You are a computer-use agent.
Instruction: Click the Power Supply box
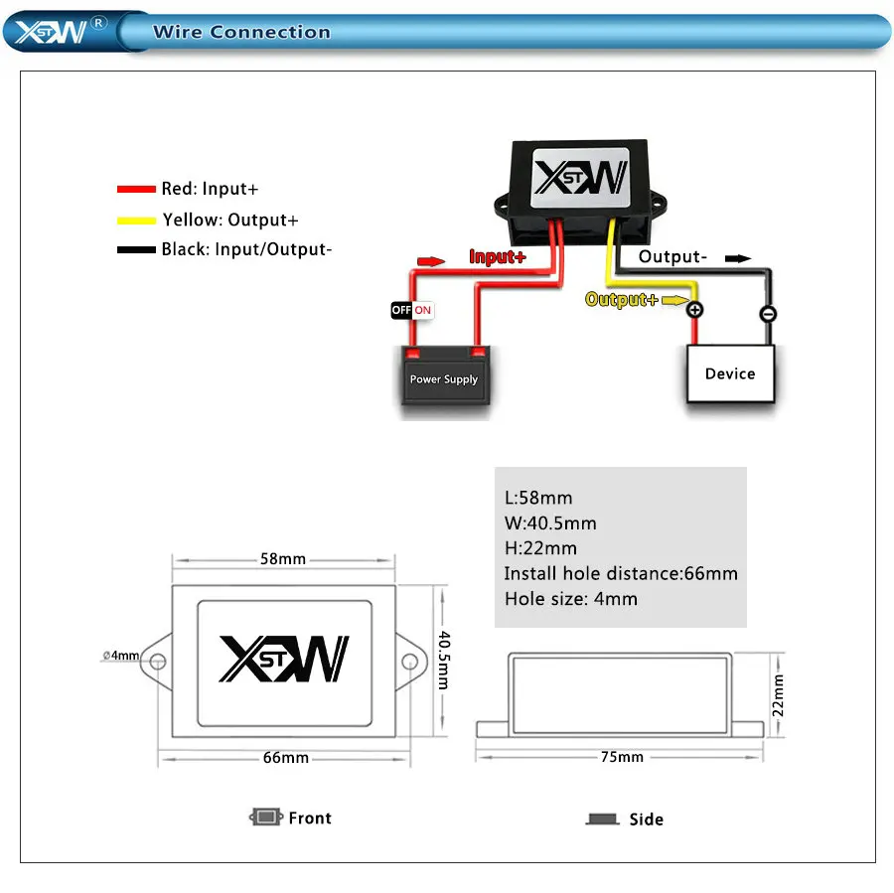pos(444,377)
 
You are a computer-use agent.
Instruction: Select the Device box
pos(730,373)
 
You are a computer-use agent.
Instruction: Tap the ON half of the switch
pos(423,310)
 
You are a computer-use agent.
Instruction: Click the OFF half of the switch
pos(401,310)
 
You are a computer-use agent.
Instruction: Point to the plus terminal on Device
pos(695,310)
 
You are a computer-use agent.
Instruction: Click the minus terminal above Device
pos(768,314)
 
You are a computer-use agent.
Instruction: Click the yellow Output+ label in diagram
pos(622,299)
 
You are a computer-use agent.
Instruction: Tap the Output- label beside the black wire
pos(672,257)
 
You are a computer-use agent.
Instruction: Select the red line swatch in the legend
pos(137,189)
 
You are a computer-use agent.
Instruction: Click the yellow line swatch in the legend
pos(137,220)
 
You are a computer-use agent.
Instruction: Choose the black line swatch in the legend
pos(137,249)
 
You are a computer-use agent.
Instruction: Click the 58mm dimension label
pos(283,558)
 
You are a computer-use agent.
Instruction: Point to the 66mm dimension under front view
pos(285,758)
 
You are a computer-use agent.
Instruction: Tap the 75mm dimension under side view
pos(623,757)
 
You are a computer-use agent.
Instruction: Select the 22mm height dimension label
pos(778,694)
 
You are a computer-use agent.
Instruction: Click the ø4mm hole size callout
pos(121,656)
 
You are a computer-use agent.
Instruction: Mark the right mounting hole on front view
pos(407,662)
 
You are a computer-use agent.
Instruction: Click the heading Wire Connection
pos(241,32)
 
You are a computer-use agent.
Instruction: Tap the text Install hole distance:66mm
pos(621,573)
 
